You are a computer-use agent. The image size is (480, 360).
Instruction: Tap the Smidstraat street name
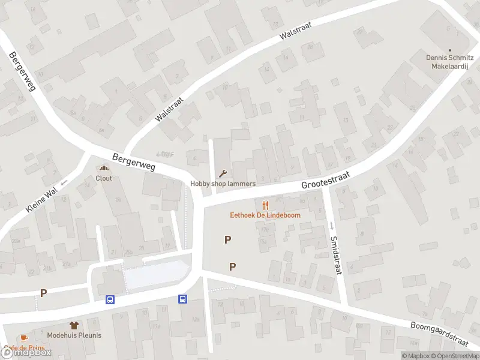tap(335, 251)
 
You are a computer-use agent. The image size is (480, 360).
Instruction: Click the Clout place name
tap(104, 178)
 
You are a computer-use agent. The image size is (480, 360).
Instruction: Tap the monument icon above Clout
tap(104, 169)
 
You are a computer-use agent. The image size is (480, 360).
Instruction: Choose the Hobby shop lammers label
tap(223, 184)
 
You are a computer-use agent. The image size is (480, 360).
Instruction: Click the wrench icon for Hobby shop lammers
tap(223, 174)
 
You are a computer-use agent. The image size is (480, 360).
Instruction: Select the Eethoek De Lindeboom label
tap(265, 215)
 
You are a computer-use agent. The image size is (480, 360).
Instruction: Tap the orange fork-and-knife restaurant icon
tap(265, 205)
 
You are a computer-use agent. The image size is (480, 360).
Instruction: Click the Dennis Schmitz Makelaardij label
tap(450, 62)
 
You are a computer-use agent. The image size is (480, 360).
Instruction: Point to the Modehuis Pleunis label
tap(74, 335)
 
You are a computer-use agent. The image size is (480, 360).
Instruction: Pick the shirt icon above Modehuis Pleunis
tap(74, 325)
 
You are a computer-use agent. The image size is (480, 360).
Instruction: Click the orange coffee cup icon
tap(23, 338)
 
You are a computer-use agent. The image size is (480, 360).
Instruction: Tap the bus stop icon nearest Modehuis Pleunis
tap(110, 299)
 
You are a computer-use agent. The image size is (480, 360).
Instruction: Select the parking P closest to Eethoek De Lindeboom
tap(227, 240)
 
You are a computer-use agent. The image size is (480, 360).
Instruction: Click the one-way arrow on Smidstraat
tap(331, 225)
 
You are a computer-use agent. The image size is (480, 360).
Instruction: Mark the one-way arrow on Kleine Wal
tap(64, 180)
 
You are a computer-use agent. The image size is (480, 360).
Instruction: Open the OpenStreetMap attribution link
tap(454, 356)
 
